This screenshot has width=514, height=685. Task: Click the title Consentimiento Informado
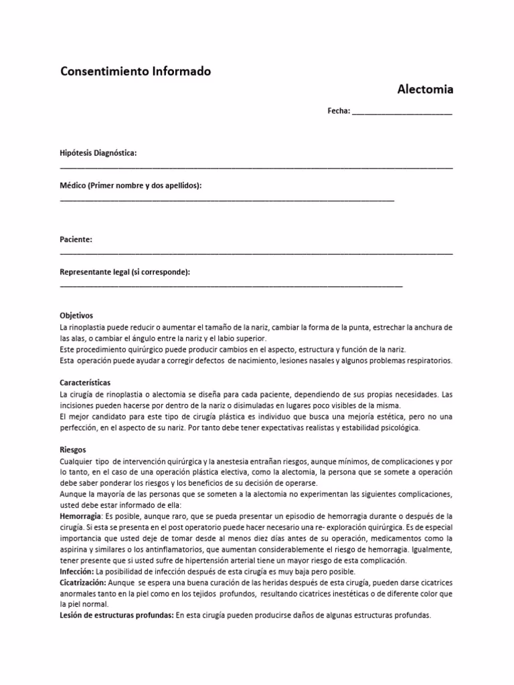coord(135,70)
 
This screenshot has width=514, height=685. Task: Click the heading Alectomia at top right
coord(425,89)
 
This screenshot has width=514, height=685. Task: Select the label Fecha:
coord(339,111)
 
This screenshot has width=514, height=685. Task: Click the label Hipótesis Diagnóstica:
coord(98,153)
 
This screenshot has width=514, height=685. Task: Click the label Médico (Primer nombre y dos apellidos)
coord(131,185)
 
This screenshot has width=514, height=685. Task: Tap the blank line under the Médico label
coord(227,200)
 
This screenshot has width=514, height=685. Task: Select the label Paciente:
coord(76,239)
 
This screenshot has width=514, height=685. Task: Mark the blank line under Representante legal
coord(231,286)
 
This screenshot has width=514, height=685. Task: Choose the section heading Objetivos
coord(76,315)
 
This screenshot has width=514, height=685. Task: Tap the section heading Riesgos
coord(73,450)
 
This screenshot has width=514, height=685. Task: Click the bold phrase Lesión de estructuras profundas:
coord(117,615)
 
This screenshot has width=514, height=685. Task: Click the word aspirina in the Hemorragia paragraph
coord(75,549)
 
